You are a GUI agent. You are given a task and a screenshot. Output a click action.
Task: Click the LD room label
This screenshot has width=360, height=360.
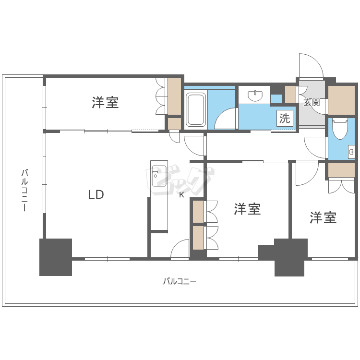tap(96, 194)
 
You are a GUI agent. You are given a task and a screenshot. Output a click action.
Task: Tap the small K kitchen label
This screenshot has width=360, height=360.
tap(181, 195)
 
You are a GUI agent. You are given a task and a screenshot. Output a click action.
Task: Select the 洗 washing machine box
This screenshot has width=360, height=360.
tap(285, 118)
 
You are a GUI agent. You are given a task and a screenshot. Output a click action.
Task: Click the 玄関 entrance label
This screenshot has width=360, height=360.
tap(312, 102)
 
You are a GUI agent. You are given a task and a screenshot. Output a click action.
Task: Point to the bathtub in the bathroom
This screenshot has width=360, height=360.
tap(195, 109)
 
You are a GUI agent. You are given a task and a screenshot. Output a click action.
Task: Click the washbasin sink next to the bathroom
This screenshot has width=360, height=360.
tap(255, 96)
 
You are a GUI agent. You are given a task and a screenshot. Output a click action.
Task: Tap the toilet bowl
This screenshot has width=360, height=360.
tap(340, 129)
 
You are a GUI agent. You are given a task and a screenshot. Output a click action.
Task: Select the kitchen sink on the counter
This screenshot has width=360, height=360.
tap(159, 176)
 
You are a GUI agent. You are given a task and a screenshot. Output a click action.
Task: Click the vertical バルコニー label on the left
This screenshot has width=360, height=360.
tap(24, 190)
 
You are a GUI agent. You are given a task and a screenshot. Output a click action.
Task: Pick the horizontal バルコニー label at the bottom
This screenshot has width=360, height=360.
tap(180, 281)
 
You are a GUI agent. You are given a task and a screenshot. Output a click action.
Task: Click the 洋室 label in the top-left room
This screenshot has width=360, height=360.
tap(105, 102)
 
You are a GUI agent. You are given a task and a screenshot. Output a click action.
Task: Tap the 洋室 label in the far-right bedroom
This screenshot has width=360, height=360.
tap(323, 217)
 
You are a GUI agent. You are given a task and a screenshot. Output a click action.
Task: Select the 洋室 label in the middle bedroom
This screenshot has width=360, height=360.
tap(247, 209)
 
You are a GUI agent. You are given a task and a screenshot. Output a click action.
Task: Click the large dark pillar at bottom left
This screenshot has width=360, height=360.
tap(56, 257)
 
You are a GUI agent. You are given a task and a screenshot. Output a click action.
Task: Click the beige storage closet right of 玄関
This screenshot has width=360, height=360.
tap(341, 100)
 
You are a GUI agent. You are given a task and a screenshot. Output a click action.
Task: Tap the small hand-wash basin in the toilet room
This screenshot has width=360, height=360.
tap(351, 152)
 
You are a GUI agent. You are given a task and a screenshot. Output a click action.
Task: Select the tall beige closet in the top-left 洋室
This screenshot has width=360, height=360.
tap(175, 96)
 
